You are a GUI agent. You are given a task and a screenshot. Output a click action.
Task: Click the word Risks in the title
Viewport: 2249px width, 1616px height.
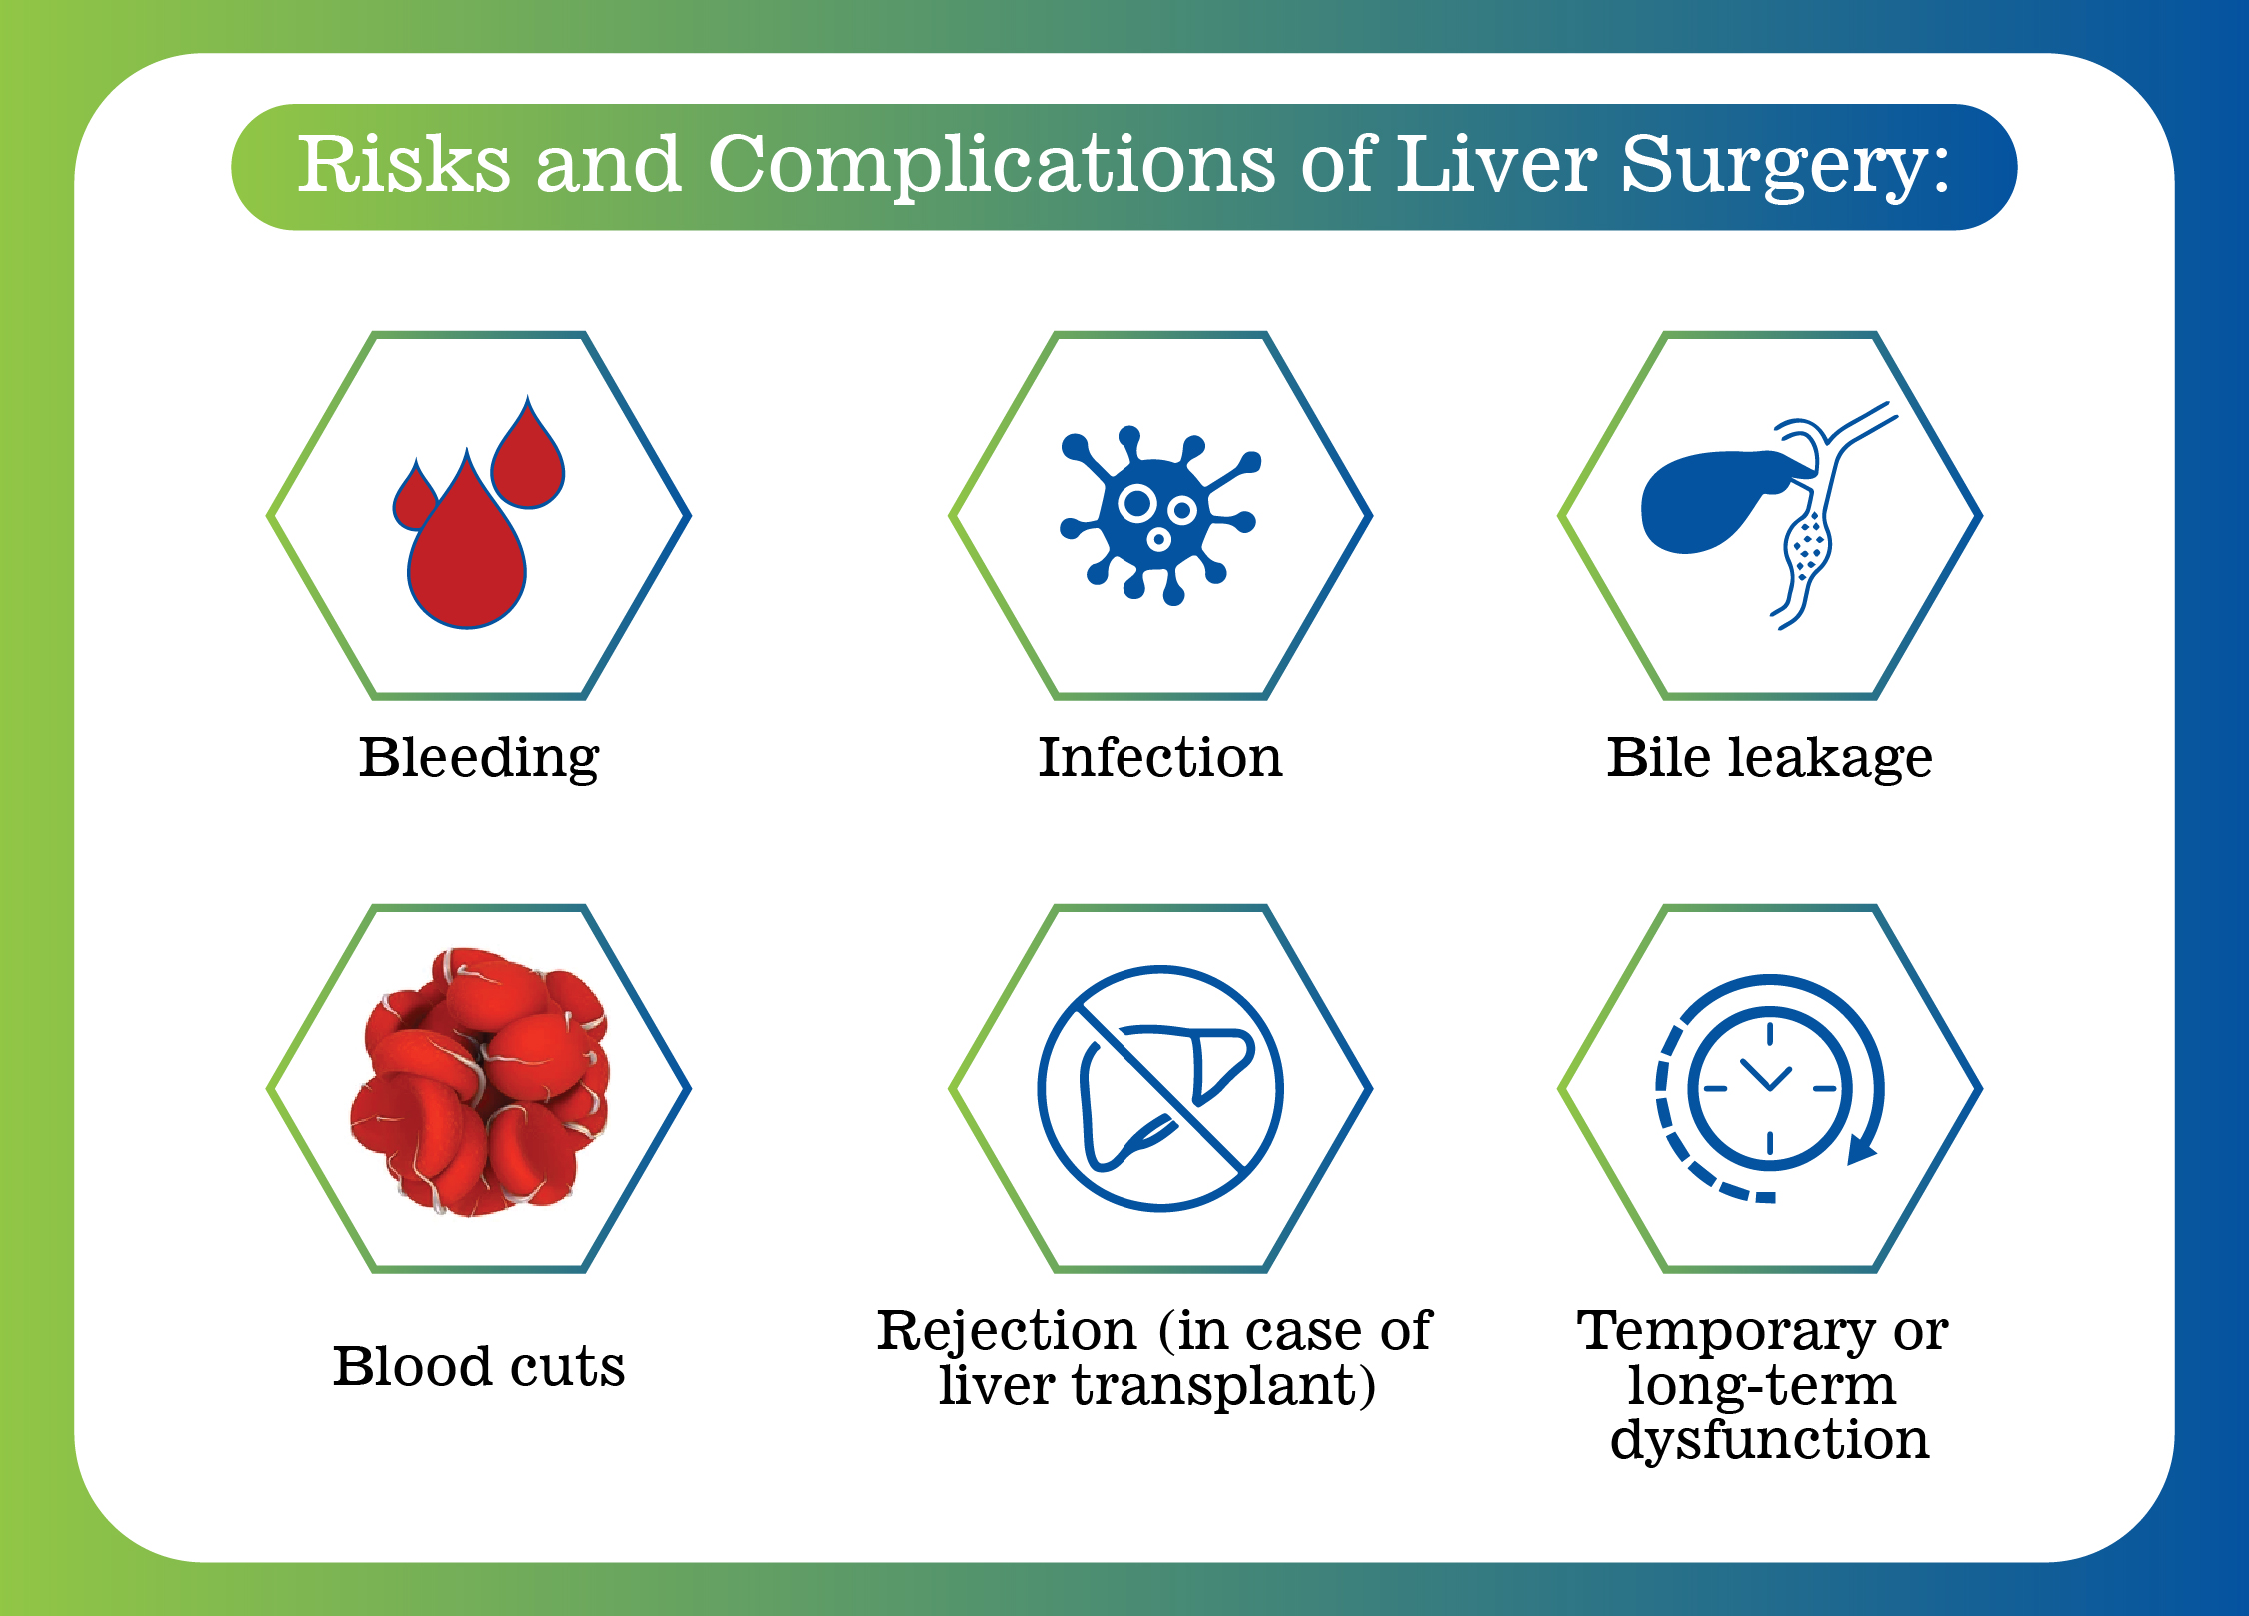pyautogui.click(x=403, y=165)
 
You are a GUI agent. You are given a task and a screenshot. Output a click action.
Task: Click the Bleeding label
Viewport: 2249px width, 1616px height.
pyautogui.click(x=479, y=758)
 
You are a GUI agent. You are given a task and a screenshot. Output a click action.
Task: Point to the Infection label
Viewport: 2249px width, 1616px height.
pyautogui.click(x=1159, y=758)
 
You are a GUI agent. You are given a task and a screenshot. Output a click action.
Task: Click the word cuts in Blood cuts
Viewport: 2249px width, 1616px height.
pyautogui.click(x=567, y=1367)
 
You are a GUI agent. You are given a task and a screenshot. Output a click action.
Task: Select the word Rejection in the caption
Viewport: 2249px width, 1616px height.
pyautogui.click(x=1007, y=1332)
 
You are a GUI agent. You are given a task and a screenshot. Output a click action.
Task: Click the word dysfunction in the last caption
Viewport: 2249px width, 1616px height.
pyautogui.click(x=1769, y=1441)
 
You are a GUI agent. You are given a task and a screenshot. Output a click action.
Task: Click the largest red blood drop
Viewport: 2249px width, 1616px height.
pyautogui.click(x=466, y=560)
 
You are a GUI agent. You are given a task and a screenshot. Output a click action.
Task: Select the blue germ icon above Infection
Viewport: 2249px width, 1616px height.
pyautogui.click(x=1156, y=516)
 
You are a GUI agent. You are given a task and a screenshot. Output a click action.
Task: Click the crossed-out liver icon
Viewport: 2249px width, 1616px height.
pyautogui.click(x=1159, y=1088)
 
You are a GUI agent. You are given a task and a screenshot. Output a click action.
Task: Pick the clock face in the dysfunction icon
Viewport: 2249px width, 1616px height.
pyautogui.click(x=1769, y=1088)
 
